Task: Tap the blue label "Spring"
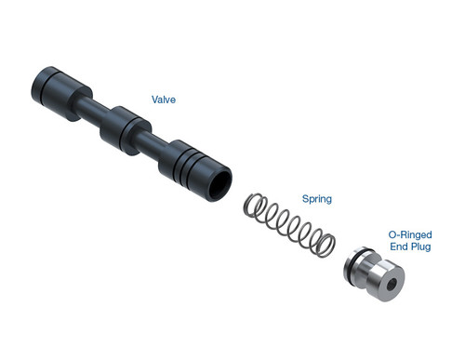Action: click(x=316, y=199)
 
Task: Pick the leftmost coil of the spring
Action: click(x=252, y=206)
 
